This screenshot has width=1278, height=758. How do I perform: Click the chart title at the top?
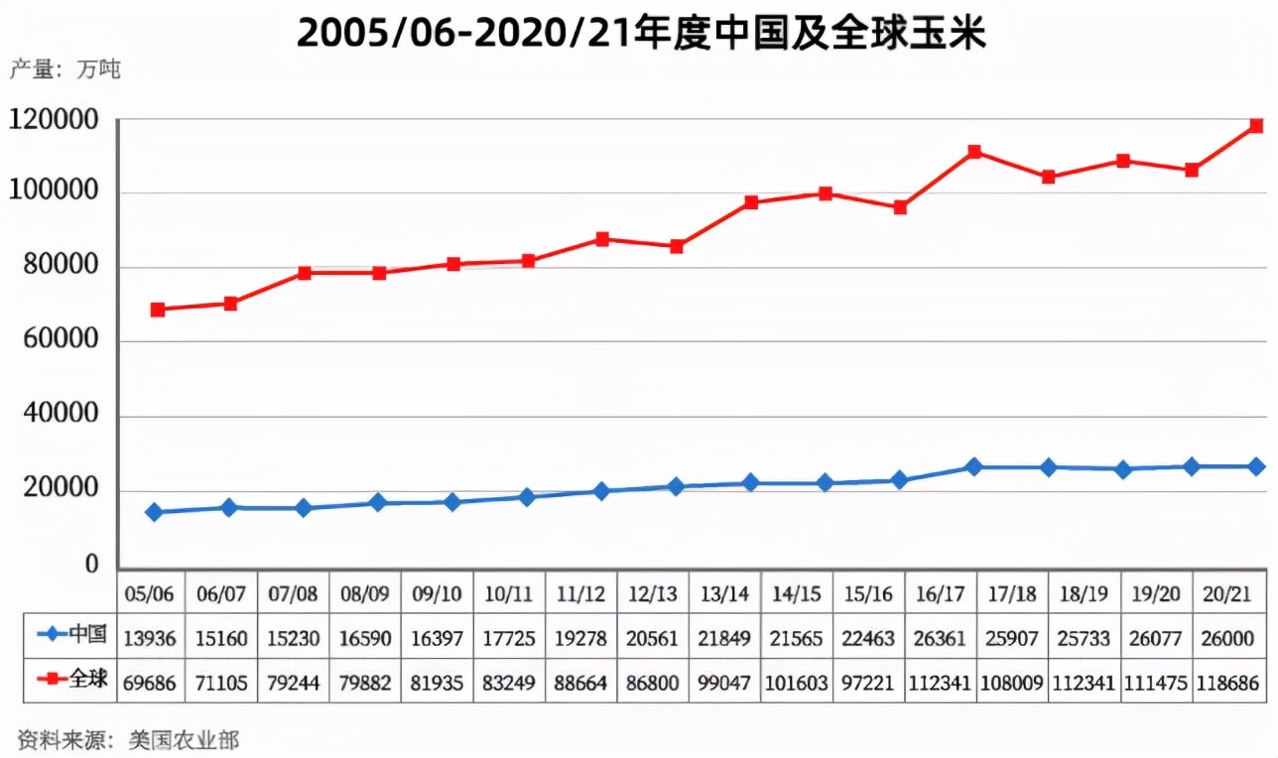pos(640,33)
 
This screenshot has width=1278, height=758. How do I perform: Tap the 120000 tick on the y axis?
pos(56,120)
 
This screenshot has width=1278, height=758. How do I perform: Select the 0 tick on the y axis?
pos(91,564)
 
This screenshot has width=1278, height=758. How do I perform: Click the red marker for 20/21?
pos(1256,126)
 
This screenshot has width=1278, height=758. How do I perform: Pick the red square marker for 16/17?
pos(974,152)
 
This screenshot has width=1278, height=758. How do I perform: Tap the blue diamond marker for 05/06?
pos(154,512)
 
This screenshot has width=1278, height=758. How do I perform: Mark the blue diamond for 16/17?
pos(974,466)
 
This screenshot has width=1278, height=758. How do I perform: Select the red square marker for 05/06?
pos(157,310)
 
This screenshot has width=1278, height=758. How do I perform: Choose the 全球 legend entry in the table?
pos(69,680)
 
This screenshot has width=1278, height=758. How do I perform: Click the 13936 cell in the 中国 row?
pos(150,638)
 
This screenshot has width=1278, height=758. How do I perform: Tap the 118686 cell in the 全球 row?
pos(1229,682)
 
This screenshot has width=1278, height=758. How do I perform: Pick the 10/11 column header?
pos(509,593)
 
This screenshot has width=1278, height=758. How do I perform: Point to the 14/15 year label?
pos(797,593)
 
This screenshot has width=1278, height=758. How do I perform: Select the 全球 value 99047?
pos(724,682)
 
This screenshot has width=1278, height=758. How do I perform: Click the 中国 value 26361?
pos(940,638)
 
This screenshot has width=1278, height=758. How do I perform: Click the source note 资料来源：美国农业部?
pos(128,739)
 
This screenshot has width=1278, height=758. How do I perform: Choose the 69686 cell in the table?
pos(150,682)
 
